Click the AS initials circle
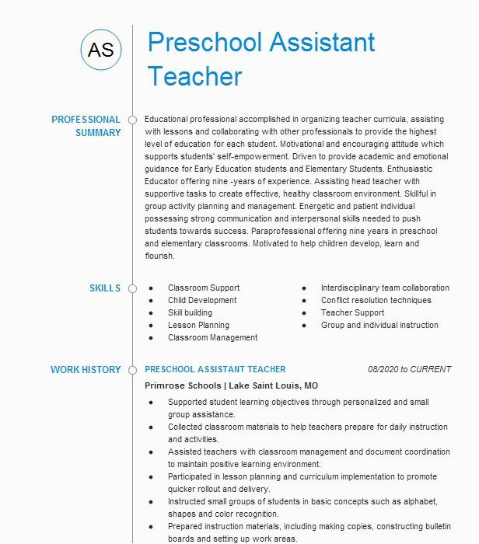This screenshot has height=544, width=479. point(101,51)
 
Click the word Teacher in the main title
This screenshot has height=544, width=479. point(195,76)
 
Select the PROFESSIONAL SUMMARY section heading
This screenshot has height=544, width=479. point(86,126)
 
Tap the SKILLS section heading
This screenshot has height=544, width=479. point(105,288)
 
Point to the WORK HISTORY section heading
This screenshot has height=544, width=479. point(86,370)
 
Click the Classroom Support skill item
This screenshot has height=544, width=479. point(204,288)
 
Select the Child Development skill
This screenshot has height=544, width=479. point(202,301)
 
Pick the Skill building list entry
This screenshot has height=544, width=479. point(190,313)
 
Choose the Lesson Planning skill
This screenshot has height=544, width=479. point(198,326)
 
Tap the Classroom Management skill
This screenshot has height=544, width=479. point(212,338)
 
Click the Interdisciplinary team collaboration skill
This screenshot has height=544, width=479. point(385,288)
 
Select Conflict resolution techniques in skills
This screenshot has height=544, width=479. point(376,301)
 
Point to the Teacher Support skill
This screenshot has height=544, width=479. point(352,313)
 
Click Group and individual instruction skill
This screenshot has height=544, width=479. point(379,326)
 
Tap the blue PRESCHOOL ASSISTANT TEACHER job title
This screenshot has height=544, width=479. point(215,370)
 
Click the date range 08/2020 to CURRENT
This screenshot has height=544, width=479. point(408,370)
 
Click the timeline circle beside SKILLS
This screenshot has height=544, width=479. point(132,288)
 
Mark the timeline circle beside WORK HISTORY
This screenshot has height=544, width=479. point(132,370)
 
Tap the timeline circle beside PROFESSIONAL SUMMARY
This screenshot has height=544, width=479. point(132,120)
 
